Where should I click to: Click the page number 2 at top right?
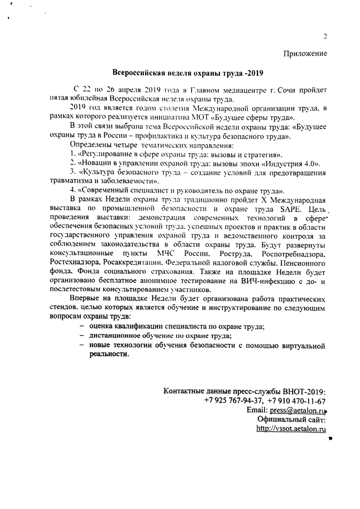(x=324, y=36)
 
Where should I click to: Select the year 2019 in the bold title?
(x=254, y=73)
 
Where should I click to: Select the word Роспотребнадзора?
(x=294, y=254)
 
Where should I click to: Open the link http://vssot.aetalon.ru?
(x=291, y=429)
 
